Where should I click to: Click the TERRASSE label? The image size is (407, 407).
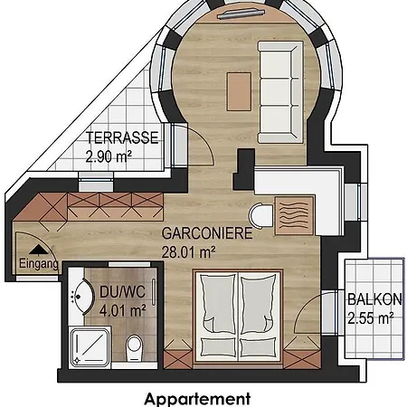coord(122,137)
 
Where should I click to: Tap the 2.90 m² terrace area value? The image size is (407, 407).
coord(109,156)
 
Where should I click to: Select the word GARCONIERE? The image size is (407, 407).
coord(207,233)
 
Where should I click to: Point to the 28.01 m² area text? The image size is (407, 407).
coord(188,252)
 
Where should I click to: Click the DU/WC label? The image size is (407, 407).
coord(122,292)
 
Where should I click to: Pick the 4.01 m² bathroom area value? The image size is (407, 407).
coord(123,310)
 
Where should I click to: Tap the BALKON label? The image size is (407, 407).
coord(374,299)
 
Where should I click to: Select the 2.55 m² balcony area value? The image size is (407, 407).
coord(371,318)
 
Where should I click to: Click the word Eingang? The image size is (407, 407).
coord(39,263)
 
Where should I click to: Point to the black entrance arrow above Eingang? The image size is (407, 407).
coord(38,250)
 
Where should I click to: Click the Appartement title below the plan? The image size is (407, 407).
coord(197,399)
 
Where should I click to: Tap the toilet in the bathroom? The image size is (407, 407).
coord(134,348)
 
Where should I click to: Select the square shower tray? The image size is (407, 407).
coord(90,346)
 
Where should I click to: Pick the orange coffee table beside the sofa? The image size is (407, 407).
coord(239,91)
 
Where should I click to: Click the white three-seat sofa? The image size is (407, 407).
coord(280,92)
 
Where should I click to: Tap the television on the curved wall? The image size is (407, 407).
coord(241,14)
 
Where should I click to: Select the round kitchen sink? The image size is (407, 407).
coord(261,215)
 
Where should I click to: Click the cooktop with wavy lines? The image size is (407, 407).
coord(294,215)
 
